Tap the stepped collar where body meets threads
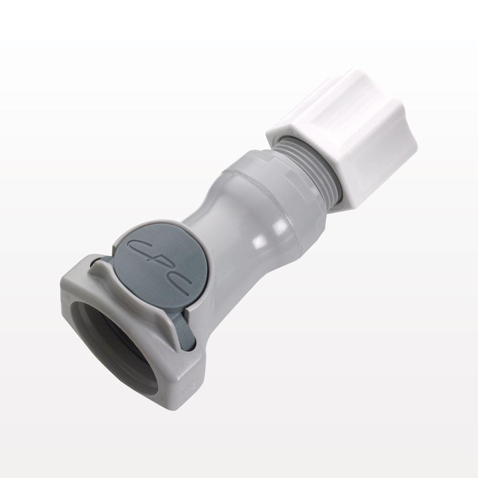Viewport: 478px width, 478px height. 287,158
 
